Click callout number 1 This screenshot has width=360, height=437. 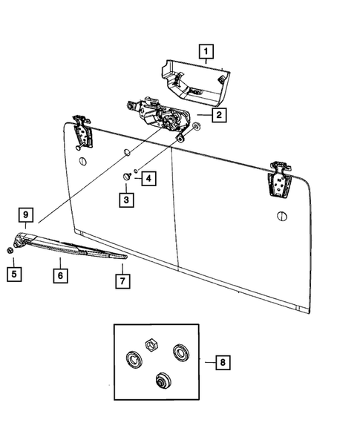[206, 52]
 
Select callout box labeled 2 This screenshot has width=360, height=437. [219, 115]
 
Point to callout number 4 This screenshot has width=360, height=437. [148, 178]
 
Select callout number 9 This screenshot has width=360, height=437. [26, 216]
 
